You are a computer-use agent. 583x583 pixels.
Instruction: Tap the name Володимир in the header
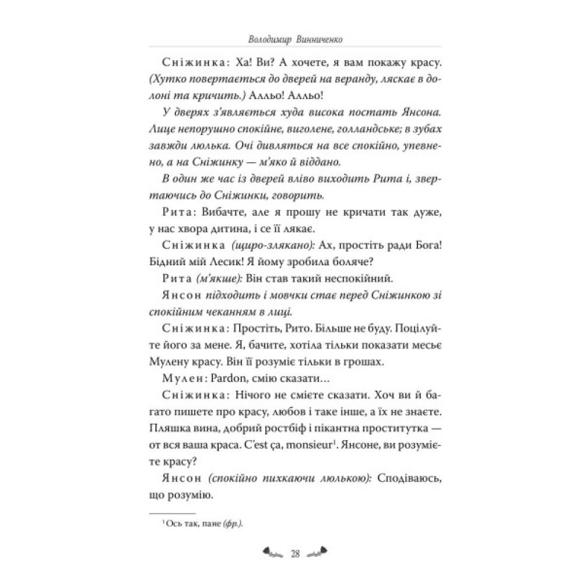click(x=265, y=40)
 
